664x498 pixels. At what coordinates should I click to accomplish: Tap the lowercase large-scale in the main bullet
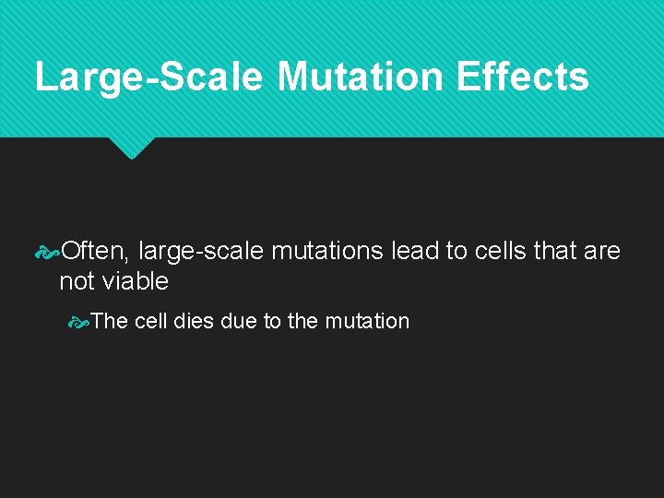coord(200,251)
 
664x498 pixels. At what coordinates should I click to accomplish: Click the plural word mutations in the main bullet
coord(327,250)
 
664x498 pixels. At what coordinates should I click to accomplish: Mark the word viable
coord(137,281)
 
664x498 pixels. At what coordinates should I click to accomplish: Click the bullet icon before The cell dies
coord(80,322)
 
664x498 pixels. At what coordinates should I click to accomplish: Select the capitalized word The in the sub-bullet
coord(110,321)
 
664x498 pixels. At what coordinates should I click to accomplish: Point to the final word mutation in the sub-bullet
coord(367,321)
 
